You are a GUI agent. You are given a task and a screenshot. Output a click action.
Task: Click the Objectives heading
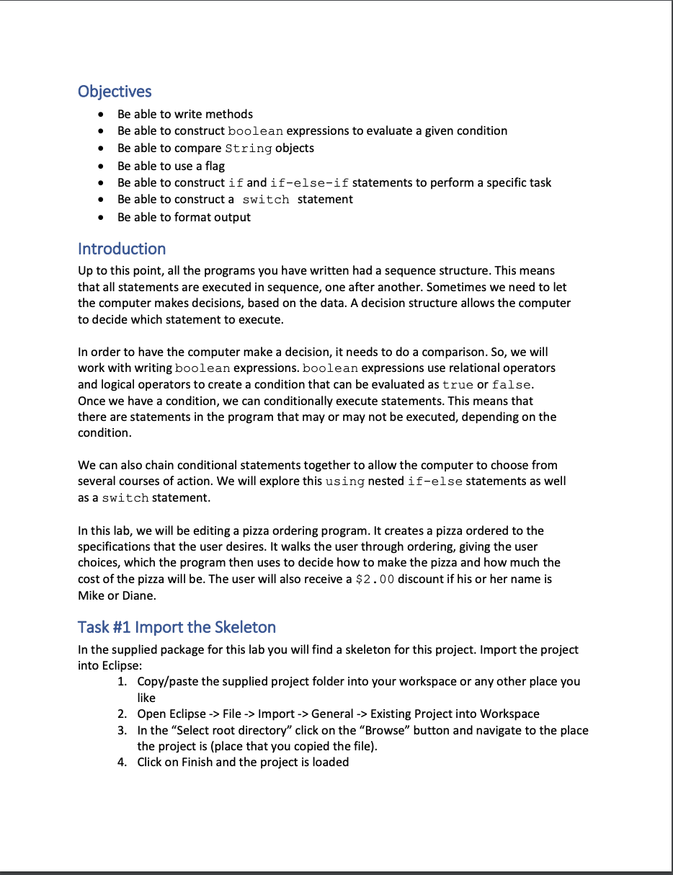(x=115, y=92)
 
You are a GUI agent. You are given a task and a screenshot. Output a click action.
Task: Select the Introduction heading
(x=122, y=249)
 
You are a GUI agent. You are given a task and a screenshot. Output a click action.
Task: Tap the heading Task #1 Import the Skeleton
(x=177, y=626)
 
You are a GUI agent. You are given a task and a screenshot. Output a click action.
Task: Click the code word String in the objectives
(x=248, y=148)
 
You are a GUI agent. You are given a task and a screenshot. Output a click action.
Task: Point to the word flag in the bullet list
(x=215, y=166)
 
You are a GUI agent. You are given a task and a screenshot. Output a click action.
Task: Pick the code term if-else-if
(x=309, y=183)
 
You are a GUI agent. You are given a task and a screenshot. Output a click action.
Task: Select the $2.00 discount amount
(x=375, y=579)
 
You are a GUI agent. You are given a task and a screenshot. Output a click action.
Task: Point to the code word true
(x=458, y=385)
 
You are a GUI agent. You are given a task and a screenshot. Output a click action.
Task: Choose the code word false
(x=511, y=385)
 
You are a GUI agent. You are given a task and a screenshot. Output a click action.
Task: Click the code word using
(x=345, y=481)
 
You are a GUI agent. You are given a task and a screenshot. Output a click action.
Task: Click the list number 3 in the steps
(x=122, y=730)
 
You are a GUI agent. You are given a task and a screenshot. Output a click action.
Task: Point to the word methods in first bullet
(x=229, y=114)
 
